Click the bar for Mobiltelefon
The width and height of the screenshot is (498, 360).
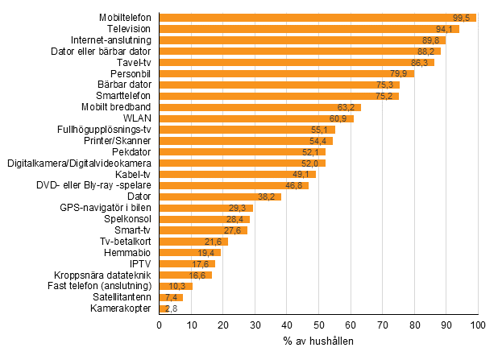pos(317,18)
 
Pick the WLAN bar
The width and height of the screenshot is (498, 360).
pos(256,118)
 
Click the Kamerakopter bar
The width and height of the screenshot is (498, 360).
pos(164,308)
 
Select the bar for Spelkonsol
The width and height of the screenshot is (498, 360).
pos(205,219)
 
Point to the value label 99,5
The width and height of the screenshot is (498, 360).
pos(463,18)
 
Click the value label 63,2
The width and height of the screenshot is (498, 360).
pos(347,107)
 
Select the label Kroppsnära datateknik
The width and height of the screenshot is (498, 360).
pos(103,275)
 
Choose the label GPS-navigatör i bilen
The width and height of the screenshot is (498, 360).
pos(106,208)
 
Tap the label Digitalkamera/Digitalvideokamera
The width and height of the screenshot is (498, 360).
pos(80,163)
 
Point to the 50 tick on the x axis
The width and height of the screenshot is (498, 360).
pos(318,325)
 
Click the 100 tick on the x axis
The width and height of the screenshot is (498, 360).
pos(478,325)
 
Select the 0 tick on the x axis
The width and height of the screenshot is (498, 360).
pos(160,325)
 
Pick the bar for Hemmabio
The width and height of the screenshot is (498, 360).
pos(190,252)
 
